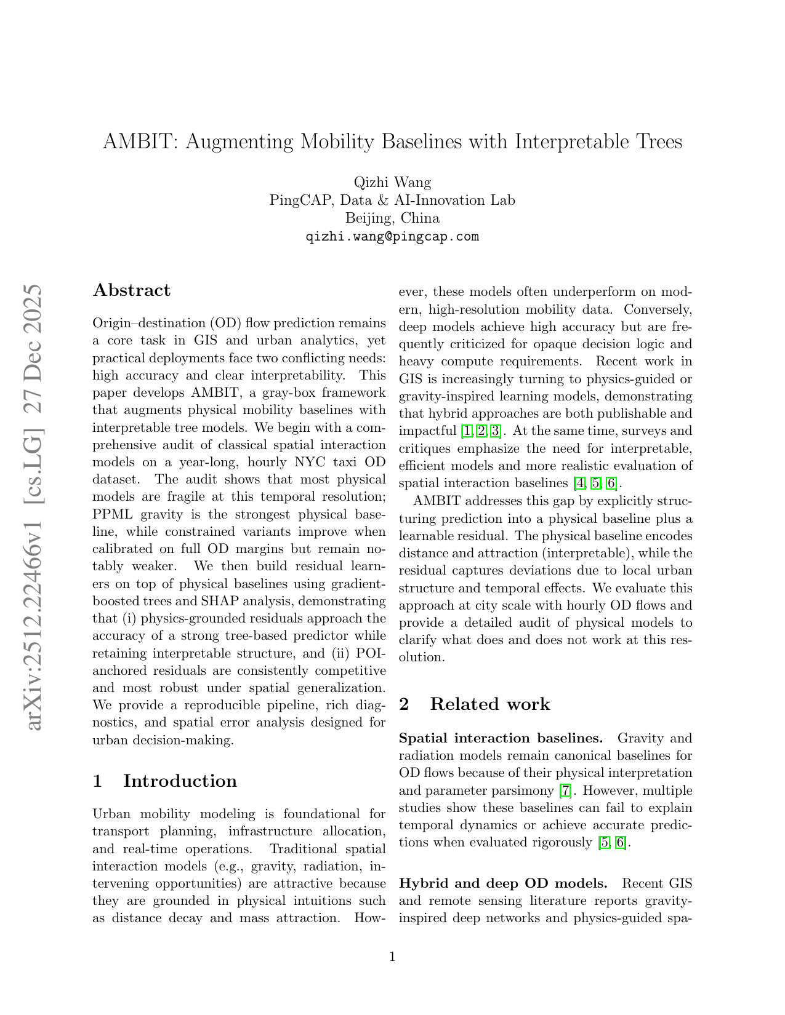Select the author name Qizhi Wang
coord(392,182)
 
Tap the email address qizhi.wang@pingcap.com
coord(392,237)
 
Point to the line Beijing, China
coord(392,218)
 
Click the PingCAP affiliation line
coord(392,201)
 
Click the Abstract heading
coord(132,290)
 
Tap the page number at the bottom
coord(392,956)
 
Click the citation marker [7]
coord(565,790)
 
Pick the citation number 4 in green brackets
coord(579,483)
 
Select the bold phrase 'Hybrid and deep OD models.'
coord(503,883)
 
